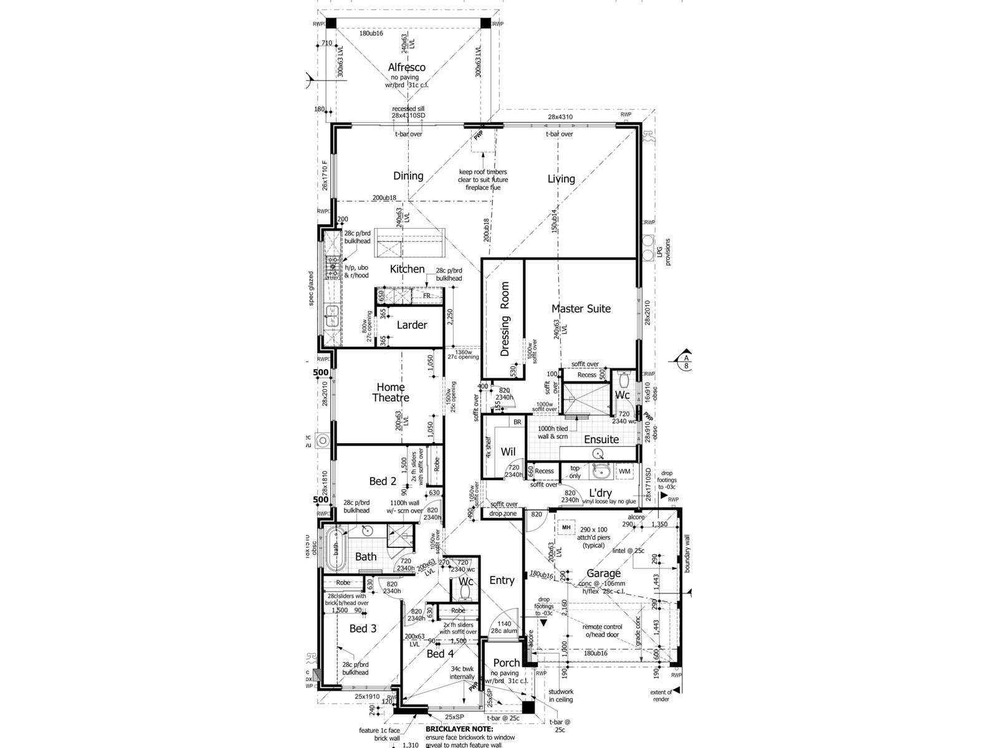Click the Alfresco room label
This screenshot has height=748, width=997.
coord(406,67)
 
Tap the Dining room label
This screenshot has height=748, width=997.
coord(408,176)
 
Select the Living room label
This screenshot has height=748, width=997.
coord(561,179)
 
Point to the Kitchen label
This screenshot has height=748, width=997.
coord(407,269)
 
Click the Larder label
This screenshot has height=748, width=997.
coord(412,325)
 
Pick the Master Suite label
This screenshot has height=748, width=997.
coord(581,309)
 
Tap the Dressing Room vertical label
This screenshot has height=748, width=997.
coord(505,319)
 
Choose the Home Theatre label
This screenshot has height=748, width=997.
coord(391,392)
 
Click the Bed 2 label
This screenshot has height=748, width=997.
coord(383,481)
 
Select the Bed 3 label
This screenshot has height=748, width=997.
coord(363,628)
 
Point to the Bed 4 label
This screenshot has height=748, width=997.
coord(436,653)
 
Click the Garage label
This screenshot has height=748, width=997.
coord(603,573)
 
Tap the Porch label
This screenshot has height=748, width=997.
coord(506,663)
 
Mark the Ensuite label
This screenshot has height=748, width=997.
coord(601,439)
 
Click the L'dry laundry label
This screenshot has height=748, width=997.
coord(600,493)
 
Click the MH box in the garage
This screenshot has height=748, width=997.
coord(566,527)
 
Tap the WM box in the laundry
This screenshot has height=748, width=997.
coord(624,472)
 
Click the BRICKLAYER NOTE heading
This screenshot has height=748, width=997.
coord(459,729)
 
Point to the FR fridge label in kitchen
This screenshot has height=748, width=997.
coord(426,296)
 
